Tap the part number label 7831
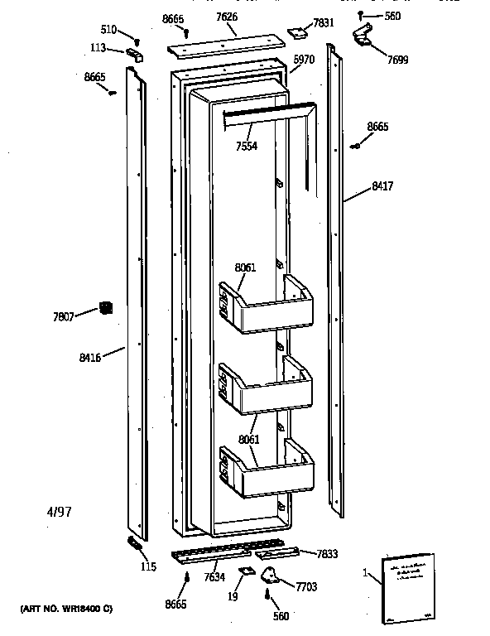324,23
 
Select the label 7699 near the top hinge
396,60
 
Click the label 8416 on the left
90,358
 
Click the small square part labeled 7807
105,308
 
